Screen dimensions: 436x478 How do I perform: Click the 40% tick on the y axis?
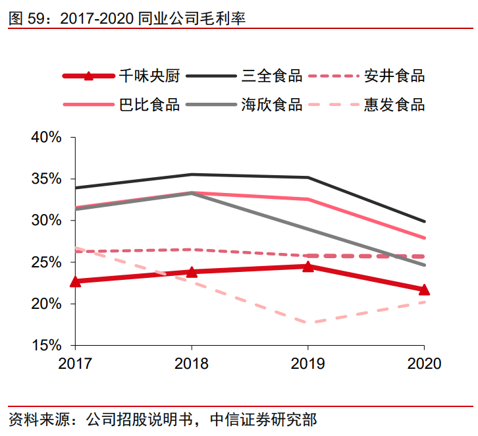click(46, 138)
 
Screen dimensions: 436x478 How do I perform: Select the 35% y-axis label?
click(46, 179)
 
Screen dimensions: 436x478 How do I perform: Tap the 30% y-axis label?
click(46, 221)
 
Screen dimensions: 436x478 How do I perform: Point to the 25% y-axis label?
click(46, 262)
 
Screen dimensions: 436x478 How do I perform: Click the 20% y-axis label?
click(46, 304)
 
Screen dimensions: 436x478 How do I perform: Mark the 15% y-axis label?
click(46, 345)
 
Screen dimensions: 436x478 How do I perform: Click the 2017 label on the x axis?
click(75, 364)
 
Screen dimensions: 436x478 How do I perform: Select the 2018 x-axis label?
click(192, 364)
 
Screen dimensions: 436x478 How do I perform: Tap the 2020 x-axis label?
click(424, 364)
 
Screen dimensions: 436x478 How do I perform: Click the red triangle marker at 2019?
click(307, 266)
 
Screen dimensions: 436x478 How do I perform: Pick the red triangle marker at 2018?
click(192, 271)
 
